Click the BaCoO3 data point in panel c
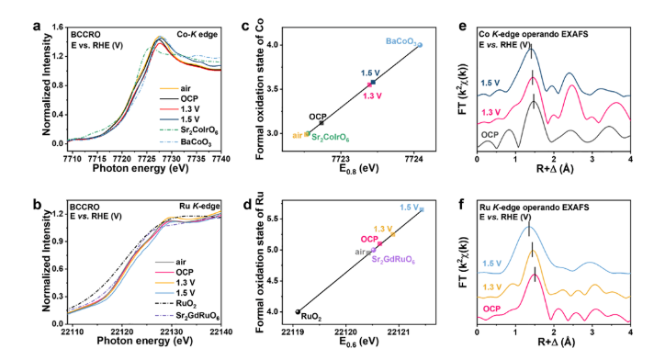[420, 45]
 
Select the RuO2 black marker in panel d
[298, 311]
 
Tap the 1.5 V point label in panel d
[409, 208]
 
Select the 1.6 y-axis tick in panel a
[58, 28]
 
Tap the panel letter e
[462, 26]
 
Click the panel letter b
[37, 205]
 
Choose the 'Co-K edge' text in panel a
[197, 34]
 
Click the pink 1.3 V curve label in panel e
[490, 113]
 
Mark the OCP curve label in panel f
[491, 309]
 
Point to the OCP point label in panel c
[318, 117]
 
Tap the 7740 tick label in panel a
[221, 159]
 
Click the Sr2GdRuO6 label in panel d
[393, 260]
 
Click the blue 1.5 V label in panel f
[492, 264]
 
